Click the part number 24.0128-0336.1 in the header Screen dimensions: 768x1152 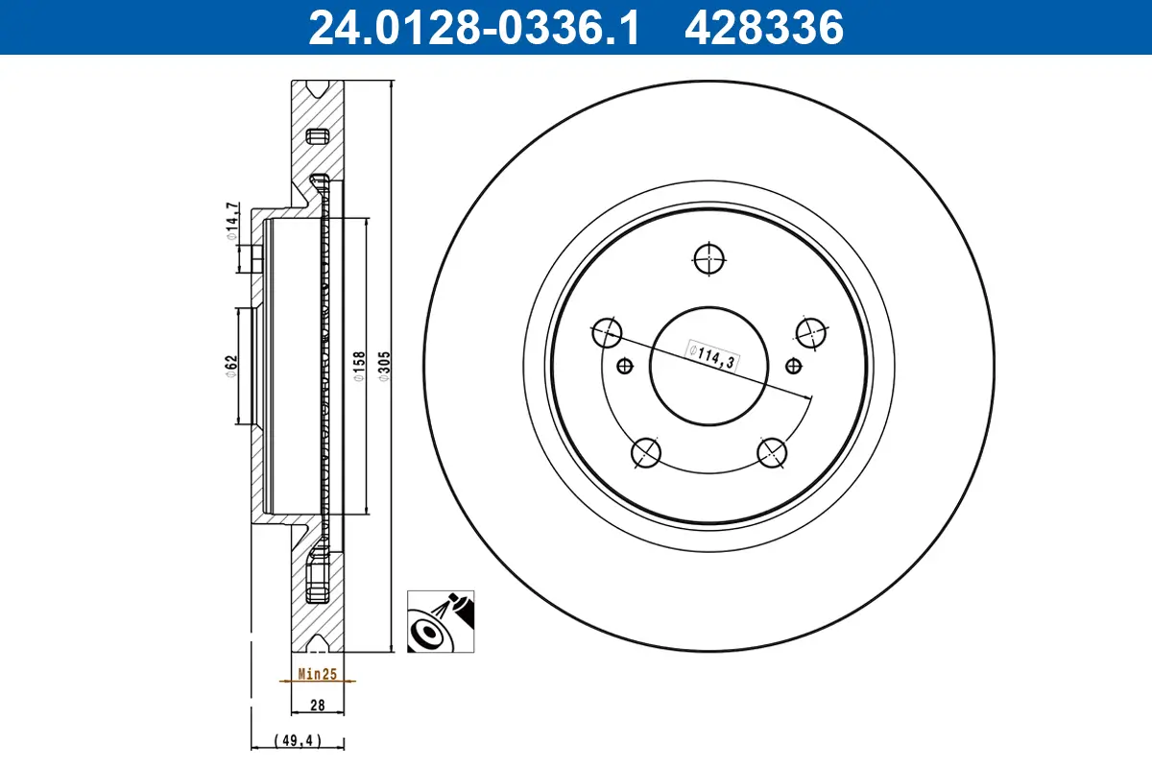pos(472,28)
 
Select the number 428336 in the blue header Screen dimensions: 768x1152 pos(763,28)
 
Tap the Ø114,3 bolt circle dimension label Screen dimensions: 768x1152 pos(711,355)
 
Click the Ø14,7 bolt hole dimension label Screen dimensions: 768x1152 pos(230,222)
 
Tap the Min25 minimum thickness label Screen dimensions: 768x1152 pos(317,675)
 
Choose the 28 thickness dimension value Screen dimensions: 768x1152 pos(317,706)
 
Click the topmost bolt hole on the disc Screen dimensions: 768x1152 pos(708,257)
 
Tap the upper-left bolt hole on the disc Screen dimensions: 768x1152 pos(608,333)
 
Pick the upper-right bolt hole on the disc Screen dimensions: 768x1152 pos(811,332)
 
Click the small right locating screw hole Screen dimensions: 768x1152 pos(792,365)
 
